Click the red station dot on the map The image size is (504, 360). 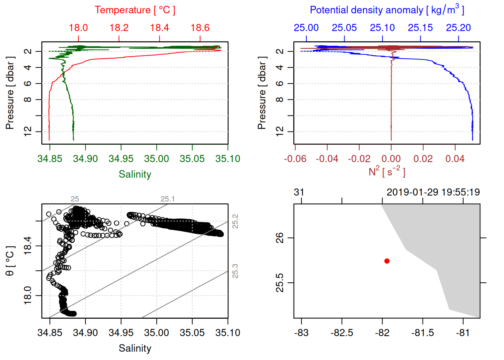click(x=387, y=261)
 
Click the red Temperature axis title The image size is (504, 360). click(x=135, y=10)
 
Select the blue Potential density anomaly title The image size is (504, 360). click(x=387, y=10)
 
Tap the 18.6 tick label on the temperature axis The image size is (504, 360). click(x=200, y=28)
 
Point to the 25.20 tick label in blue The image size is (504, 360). click(x=458, y=28)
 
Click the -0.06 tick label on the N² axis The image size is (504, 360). click(x=295, y=159)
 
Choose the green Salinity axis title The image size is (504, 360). click(x=135, y=174)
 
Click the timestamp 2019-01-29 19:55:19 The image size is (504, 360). click(x=433, y=192)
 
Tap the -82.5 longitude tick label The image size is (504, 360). click(x=342, y=333)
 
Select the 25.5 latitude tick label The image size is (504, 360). click(x=280, y=283)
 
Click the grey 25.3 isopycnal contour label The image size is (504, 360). click(x=235, y=271)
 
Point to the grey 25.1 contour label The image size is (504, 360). click(x=168, y=199)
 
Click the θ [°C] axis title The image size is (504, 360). click(x=10, y=261)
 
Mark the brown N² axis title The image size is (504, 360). click(x=387, y=172)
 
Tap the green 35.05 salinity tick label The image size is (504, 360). click(x=192, y=159)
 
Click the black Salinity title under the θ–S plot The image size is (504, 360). click(x=135, y=348)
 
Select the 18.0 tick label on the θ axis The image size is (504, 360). click(x=28, y=295)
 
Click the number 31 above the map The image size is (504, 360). click(x=299, y=192)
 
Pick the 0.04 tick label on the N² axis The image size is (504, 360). click(x=455, y=159)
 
